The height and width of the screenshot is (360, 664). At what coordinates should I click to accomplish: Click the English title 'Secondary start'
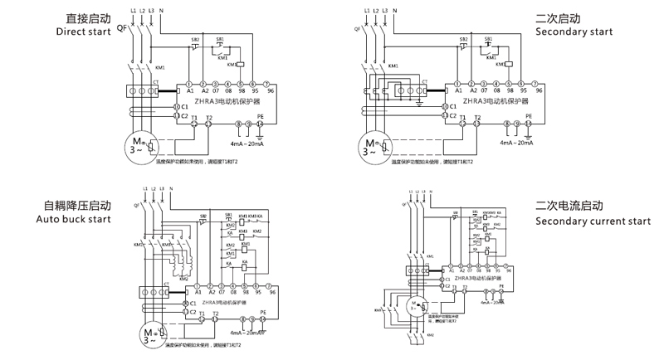(574, 32)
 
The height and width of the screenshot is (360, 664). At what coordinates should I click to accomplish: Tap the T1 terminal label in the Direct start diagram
(193, 116)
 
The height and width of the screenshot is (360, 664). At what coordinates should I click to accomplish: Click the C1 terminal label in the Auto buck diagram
(193, 304)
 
